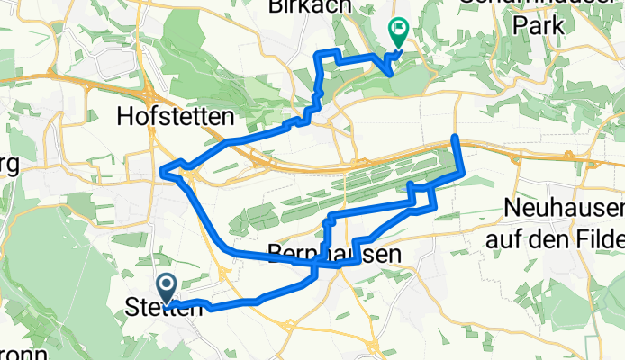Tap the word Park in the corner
539,25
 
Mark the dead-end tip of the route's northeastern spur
455,137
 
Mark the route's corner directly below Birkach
316,56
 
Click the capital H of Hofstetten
126,116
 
